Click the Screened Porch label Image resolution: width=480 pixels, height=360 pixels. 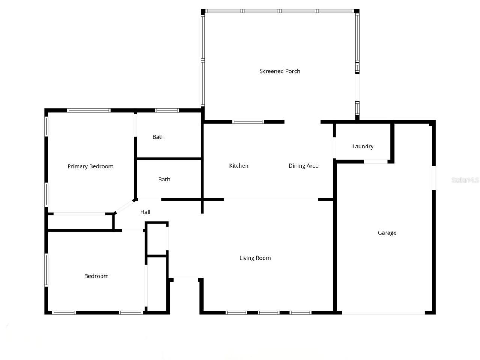tap(280, 71)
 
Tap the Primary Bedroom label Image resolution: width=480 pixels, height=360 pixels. tap(90, 166)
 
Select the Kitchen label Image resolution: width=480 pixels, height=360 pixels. tap(238, 165)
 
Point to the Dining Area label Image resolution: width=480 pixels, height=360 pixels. tap(303, 165)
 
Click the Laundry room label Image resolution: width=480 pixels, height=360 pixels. tap(363, 146)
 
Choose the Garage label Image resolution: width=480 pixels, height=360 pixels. tap(387, 232)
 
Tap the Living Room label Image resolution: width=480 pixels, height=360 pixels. tap(255, 258)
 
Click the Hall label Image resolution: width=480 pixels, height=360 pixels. tap(145, 212)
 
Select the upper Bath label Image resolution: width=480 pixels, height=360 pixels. tap(158, 137)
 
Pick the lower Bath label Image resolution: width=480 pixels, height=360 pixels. tap(164, 179)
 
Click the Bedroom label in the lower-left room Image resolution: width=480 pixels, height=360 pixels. tap(96, 276)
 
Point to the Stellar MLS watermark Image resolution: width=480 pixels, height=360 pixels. tap(465, 180)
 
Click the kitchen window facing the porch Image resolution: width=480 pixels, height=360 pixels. tap(248, 122)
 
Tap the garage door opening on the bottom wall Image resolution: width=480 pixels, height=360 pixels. tap(383, 312)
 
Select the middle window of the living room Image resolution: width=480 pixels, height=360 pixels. tap(268, 312)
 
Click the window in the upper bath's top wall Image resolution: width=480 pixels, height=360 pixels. tap(167, 110)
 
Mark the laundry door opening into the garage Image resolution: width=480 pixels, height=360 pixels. tap(376, 162)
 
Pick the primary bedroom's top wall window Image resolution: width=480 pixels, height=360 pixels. tap(89, 110)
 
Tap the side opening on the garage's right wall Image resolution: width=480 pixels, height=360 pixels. tap(434, 178)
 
